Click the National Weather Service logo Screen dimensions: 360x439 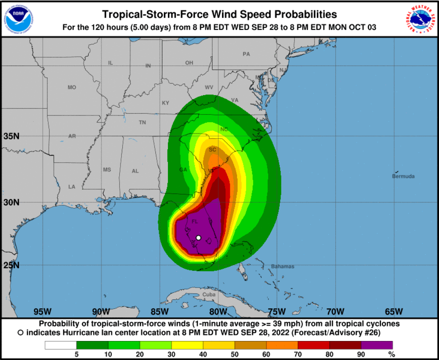(420, 19)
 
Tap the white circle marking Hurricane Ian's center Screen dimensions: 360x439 (198, 238)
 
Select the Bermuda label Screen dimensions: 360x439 (403, 177)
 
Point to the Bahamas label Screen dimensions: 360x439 (283, 267)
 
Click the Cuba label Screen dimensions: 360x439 (209, 295)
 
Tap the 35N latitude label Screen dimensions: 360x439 (12, 137)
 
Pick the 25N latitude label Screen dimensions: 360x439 (12, 265)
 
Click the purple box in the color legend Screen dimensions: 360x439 (377, 345)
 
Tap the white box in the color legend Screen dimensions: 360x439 (61, 345)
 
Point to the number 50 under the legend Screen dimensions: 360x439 (235, 354)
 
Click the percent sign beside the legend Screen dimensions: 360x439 (391, 354)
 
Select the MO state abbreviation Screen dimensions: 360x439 (72, 87)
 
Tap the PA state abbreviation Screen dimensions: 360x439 (246, 54)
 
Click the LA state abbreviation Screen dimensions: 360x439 (72, 187)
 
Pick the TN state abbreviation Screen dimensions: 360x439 (142, 123)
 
